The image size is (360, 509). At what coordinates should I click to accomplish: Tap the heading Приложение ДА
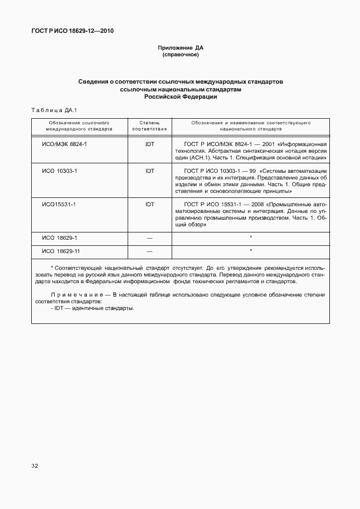point(180,49)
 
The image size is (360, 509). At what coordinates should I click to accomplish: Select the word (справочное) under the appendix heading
point(180,55)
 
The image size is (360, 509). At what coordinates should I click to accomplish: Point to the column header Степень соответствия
point(149,125)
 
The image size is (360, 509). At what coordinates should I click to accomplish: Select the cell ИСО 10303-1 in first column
point(60,171)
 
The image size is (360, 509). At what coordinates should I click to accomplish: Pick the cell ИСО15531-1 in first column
point(59,205)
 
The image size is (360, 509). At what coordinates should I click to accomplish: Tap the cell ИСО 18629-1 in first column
point(60,238)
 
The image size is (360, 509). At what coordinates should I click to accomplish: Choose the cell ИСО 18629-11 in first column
point(61,251)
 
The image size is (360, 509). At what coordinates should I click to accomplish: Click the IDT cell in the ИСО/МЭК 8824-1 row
point(149,144)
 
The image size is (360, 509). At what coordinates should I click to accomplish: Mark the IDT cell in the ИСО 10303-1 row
point(149,171)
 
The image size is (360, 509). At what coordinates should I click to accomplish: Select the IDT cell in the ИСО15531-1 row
point(149,205)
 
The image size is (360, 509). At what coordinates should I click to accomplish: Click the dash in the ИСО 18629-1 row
point(149,238)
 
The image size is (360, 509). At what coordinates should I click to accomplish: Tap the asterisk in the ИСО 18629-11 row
point(251,251)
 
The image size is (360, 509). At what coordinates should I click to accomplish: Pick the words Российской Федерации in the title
point(180,96)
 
